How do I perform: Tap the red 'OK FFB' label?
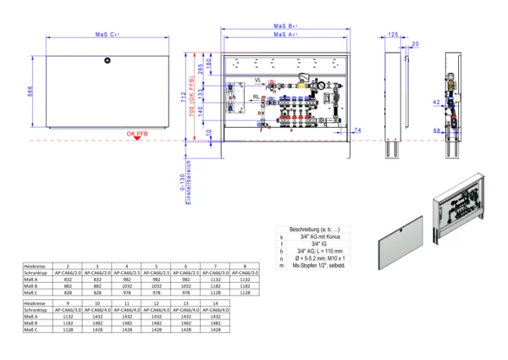pos(139,134)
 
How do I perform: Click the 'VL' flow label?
pos(257,80)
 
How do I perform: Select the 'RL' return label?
pos(256,97)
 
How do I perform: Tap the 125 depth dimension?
pos(393,35)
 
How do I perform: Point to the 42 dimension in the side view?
pos(435,102)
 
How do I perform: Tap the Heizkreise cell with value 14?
pos(216,302)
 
